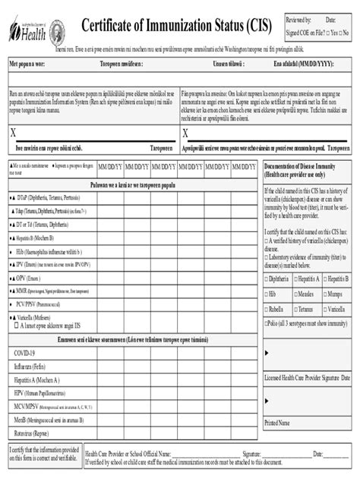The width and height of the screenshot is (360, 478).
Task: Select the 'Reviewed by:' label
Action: (x=298, y=19)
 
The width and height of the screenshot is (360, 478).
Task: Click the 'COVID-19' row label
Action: (x=24, y=353)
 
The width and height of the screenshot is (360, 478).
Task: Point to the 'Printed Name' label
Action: (x=277, y=422)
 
